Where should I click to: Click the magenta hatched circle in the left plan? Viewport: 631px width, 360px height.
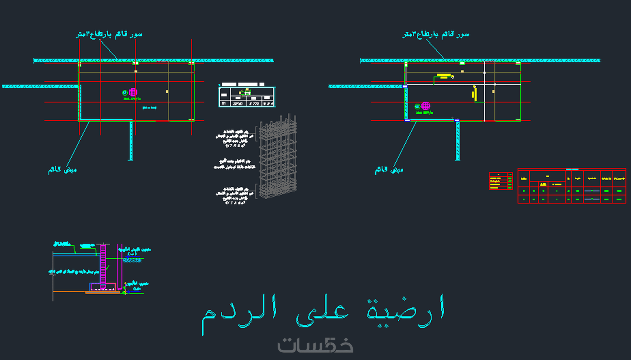point(133,92)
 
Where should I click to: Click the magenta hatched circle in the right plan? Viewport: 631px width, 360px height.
point(426,106)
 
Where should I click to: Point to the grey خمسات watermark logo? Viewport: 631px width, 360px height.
point(315,345)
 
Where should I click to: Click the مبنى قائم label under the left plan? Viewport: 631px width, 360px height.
point(62,170)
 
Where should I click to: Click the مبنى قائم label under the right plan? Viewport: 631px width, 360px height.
point(389,170)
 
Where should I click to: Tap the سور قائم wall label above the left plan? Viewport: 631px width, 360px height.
point(109,35)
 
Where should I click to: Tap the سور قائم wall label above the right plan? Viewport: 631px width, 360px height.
point(436,35)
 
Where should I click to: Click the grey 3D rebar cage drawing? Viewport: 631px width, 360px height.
point(278,156)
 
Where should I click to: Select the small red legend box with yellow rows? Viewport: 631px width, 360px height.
point(501,181)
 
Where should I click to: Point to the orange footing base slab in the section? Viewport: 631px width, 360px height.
point(103,292)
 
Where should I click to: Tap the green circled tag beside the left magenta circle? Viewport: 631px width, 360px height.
point(125,92)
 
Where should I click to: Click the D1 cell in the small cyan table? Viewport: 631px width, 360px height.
point(224,104)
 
